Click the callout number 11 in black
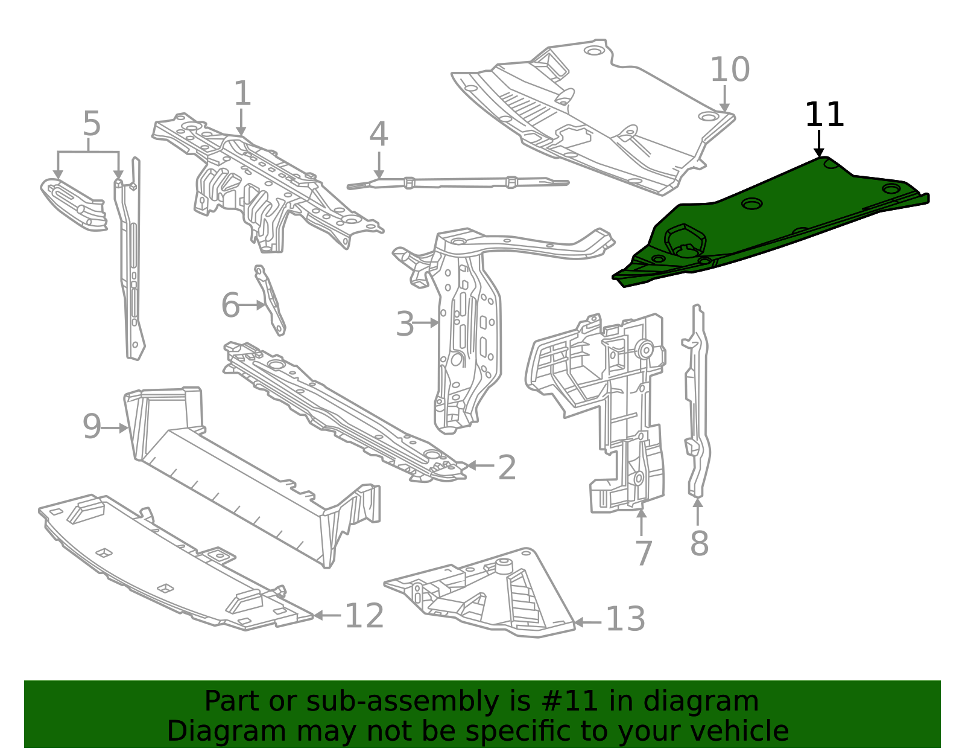click(824, 115)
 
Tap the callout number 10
click(729, 70)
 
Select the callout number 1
click(242, 94)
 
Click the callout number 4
click(378, 135)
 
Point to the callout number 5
click(91, 124)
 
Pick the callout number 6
click(230, 305)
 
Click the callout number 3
click(405, 324)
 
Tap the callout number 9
click(92, 427)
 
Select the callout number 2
click(507, 468)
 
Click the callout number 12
click(364, 616)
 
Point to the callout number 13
click(625, 620)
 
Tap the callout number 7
click(644, 553)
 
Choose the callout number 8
click(699, 543)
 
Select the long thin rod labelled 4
click(458, 181)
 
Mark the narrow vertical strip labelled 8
click(697, 398)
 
